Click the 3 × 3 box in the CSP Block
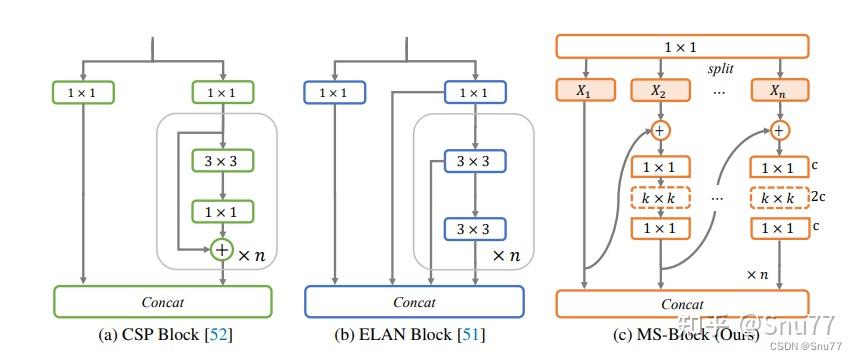pos(223,160)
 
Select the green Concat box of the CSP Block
pos(162,301)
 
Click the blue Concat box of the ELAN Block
pos(413,301)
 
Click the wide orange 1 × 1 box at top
pos(681,46)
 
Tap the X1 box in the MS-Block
pos(583,90)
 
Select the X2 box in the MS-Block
pos(660,90)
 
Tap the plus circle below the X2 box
pos(660,130)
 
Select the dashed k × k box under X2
pos(660,197)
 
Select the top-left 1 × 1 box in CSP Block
pos(83,93)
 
